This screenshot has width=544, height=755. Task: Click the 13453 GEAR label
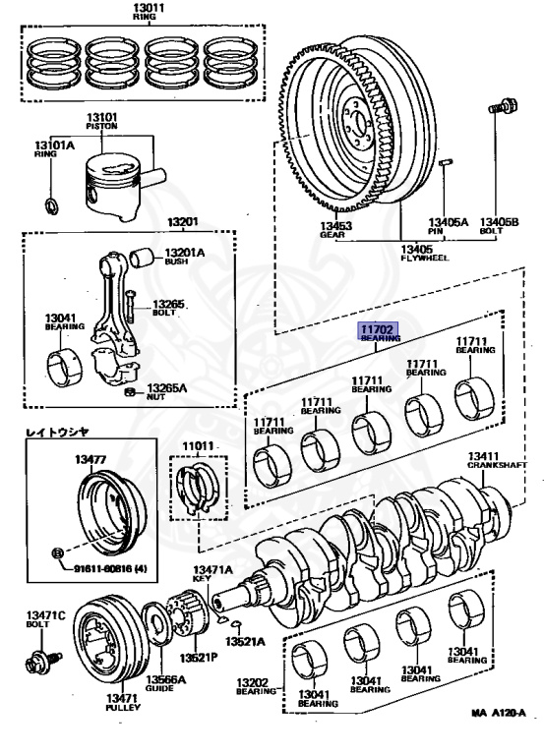[335, 230]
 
